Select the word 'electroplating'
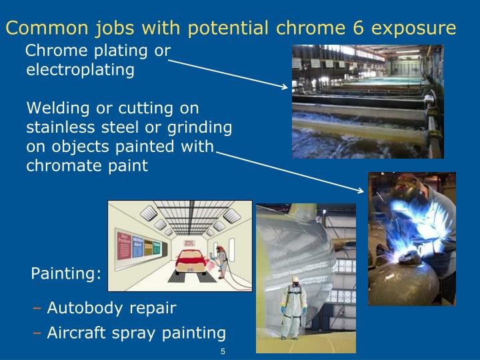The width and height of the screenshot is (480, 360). tap(80, 69)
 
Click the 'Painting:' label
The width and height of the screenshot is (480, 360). tap(66, 274)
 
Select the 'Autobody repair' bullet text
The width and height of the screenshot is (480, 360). tap(111, 308)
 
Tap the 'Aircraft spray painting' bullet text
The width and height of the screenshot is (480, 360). tap(136, 333)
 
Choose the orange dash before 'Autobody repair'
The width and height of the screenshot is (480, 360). tap(37, 308)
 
